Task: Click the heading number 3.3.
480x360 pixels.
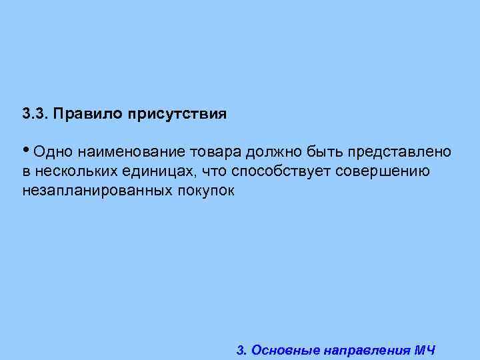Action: point(34,113)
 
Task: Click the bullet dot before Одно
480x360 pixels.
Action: point(25,150)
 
